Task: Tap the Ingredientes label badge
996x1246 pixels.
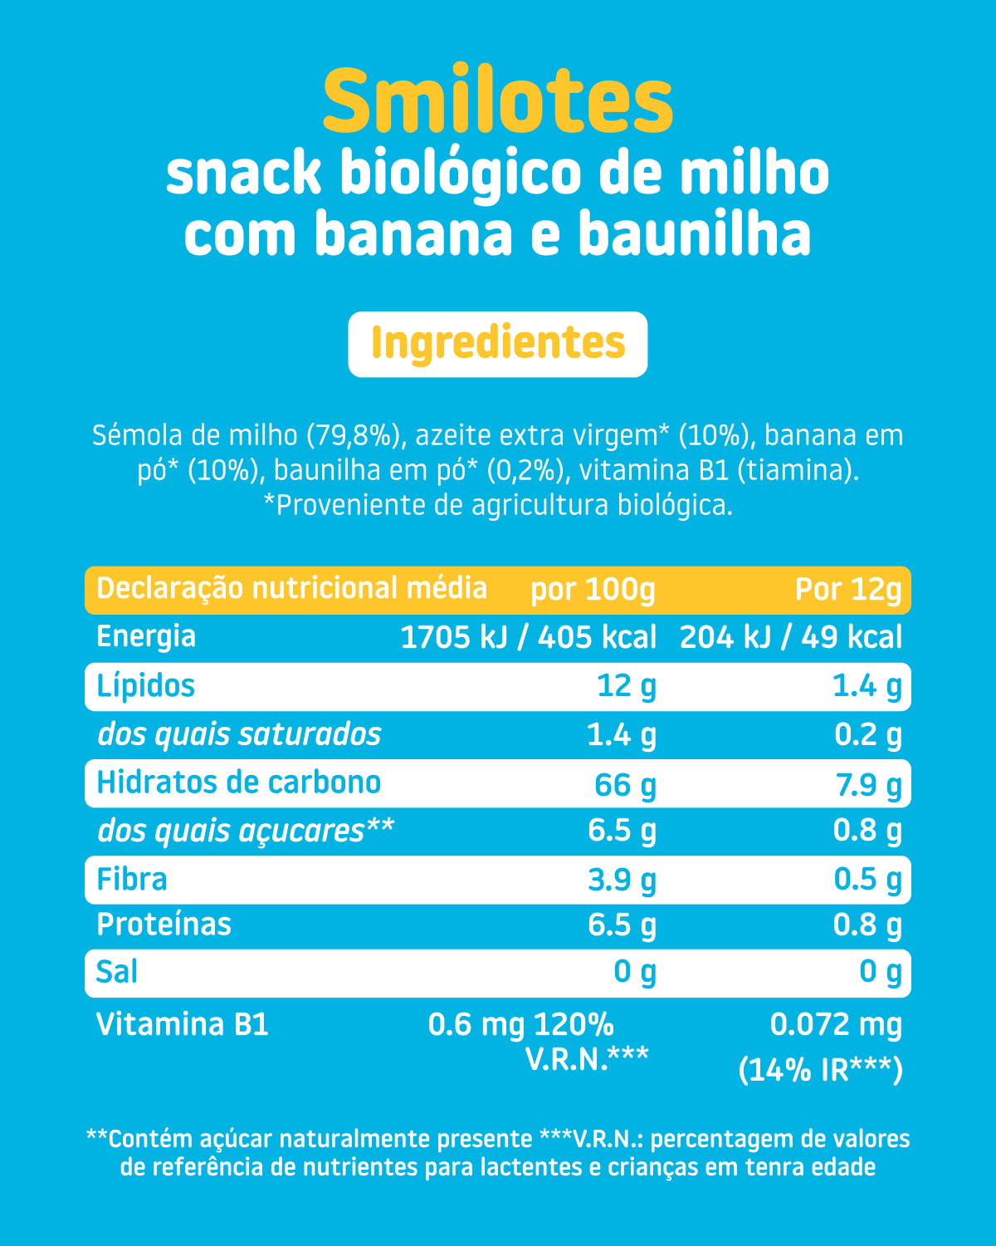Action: click(498, 345)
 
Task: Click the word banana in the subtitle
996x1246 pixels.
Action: click(414, 233)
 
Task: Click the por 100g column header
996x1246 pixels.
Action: click(593, 590)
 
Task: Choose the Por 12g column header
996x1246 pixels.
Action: click(847, 590)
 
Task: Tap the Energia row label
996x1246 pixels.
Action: click(146, 638)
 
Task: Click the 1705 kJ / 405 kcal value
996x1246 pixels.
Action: click(529, 637)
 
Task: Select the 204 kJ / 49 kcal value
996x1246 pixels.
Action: click(790, 637)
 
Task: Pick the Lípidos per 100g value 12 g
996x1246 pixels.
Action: click(627, 687)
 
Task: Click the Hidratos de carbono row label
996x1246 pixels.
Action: click(238, 782)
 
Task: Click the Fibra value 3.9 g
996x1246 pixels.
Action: click(622, 881)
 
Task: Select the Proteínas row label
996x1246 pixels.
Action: click(164, 925)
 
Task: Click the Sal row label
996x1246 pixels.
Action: click(117, 972)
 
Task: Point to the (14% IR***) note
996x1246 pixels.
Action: click(820, 1070)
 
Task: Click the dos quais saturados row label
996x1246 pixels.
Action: click(240, 735)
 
